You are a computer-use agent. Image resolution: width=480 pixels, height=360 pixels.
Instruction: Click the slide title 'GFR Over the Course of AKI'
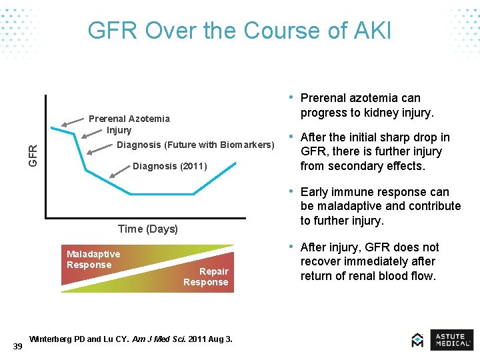click(x=239, y=31)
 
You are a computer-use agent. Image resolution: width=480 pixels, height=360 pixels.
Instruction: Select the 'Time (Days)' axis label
click(x=147, y=229)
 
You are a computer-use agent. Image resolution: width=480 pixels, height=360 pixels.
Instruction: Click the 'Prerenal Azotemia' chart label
click(x=129, y=119)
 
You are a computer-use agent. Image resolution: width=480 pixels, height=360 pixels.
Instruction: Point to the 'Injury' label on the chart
click(x=119, y=130)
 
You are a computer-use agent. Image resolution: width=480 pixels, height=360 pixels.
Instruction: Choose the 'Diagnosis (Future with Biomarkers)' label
click(x=195, y=145)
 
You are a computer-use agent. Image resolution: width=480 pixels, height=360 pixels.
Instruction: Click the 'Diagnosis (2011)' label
click(x=170, y=166)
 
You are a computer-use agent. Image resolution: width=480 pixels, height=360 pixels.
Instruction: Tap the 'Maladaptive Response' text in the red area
click(x=93, y=259)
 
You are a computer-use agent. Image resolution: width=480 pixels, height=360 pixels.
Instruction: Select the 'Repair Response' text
click(x=206, y=277)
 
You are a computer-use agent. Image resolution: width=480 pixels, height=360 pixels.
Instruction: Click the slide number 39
click(x=17, y=345)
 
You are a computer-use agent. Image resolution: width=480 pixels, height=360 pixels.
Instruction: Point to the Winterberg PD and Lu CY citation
click(x=131, y=339)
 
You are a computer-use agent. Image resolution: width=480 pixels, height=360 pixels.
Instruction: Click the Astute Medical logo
click(x=442, y=339)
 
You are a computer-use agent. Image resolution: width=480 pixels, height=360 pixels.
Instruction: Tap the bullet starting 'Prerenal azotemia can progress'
click(x=367, y=105)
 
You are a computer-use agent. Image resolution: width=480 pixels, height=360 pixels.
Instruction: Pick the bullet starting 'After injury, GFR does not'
click(x=369, y=261)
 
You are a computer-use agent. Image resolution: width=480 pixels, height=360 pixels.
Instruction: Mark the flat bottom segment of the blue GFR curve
click(x=162, y=194)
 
